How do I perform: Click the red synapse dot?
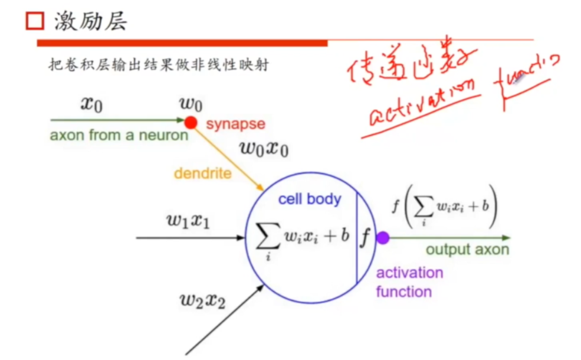tap(190, 123)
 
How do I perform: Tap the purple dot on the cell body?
tap(383, 238)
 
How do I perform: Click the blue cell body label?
tap(310, 199)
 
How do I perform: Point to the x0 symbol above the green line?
tap(91, 104)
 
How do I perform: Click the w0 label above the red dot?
tap(191, 104)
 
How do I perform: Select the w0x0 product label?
tap(264, 148)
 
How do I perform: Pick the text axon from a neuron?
tap(119, 135)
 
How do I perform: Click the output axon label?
tap(467, 250)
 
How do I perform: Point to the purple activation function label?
tap(409, 282)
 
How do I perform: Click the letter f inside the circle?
tap(366, 237)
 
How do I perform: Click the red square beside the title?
tap(34, 22)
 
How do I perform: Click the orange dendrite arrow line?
tap(227, 158)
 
